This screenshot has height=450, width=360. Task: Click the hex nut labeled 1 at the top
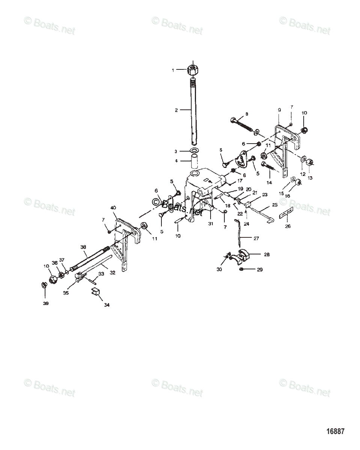click(x=193, y=70)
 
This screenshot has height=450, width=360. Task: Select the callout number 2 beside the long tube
click(x=176, y=110)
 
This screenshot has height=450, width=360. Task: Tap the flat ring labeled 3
click(x=194, y=151)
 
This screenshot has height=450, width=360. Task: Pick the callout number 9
click(x=279, y=110)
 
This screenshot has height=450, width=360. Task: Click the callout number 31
click(x=211, y=224)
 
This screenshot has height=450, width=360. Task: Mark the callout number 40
click(x=113, y=207)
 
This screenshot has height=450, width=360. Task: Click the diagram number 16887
click(x=334, y=431)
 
